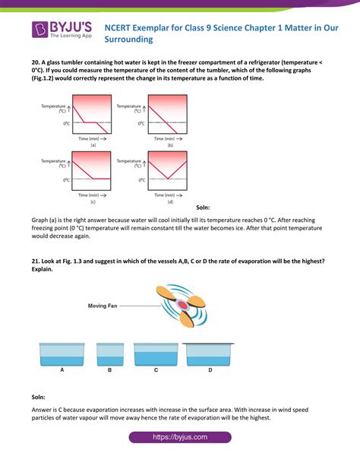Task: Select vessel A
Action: click(60, 353)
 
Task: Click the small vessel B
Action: click(109, 353)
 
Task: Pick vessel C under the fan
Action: click(156, 353)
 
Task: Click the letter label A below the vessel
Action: click(60, 371)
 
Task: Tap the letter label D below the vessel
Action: click(210, 371)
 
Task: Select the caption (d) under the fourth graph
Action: click(170, 201)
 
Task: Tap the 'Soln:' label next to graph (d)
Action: click(204, 207)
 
